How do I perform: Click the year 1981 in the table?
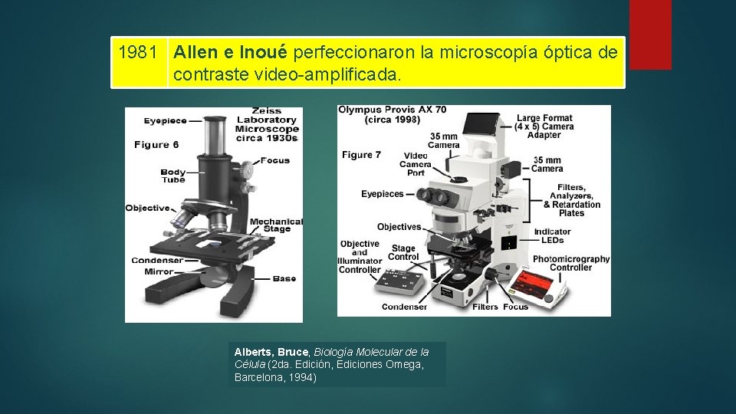(139, 53)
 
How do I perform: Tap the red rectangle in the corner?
(649, 34)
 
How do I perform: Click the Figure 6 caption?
(156, 145)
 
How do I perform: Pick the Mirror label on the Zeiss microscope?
(158, 271)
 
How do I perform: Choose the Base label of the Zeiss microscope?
(284, 278)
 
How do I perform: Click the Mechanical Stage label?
(276, 225)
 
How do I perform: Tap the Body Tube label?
(173, 176)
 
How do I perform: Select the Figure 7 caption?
(362, 155)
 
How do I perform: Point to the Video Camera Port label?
(416, 164)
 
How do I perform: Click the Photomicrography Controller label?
(571, 263)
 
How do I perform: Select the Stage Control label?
(403, 252)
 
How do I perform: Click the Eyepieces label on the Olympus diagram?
(382, 194)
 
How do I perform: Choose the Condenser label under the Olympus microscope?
(404, 307)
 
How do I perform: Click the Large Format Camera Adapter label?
(544, 127)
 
